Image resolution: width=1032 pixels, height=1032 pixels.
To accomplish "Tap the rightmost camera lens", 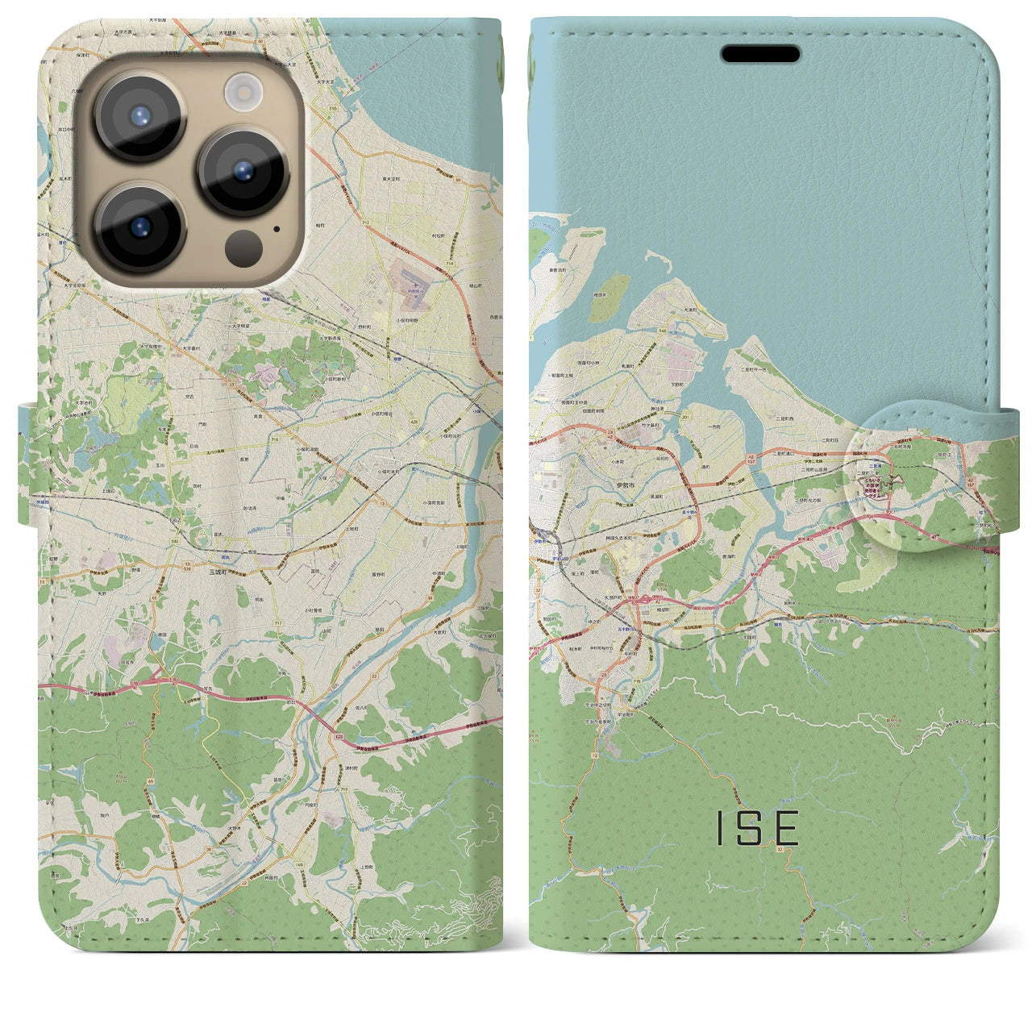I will (x=243, y=171).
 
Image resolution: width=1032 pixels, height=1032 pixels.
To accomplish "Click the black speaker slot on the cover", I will (x=760, y=54).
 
